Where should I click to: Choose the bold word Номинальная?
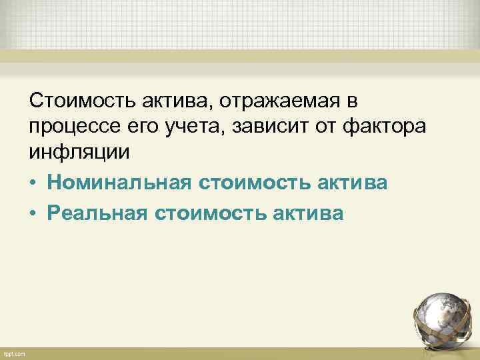pyautogui.click(x=117, y=182)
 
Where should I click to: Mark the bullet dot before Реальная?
pyautogui.click(x=33, y=213)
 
